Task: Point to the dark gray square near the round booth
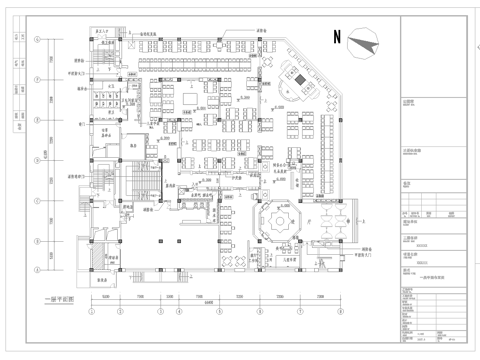click(x=297, y=78)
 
